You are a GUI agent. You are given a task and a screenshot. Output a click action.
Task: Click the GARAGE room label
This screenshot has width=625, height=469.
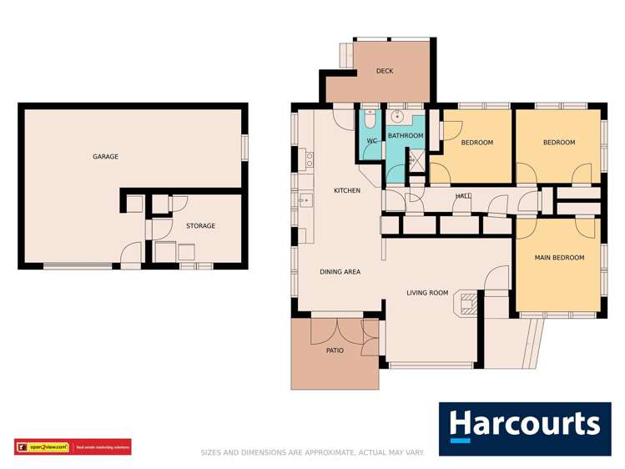click(105, 156)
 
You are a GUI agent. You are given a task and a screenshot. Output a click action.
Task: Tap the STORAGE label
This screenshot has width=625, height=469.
click(200, 225)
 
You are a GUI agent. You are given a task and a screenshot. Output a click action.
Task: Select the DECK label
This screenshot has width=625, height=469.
click(385, 71)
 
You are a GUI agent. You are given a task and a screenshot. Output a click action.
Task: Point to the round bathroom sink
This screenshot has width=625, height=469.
click(398, 118)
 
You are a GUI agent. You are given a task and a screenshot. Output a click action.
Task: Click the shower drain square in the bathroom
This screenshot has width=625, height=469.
click(414, 159)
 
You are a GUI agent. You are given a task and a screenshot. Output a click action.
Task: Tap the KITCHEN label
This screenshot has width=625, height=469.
click(347, 190)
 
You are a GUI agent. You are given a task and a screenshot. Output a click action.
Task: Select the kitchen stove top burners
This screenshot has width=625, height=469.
click(308, 158)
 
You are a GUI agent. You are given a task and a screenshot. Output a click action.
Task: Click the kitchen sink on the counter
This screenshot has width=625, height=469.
click(305, 199)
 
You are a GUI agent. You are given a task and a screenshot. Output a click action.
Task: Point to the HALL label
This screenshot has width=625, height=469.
click(463, 196)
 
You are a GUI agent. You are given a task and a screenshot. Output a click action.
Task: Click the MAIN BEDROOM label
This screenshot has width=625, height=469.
click(559, 258)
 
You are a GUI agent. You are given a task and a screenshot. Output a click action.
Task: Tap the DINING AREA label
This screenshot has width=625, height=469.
click(340, 271)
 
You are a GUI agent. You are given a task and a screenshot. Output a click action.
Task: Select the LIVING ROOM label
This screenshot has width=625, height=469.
click(427, 293)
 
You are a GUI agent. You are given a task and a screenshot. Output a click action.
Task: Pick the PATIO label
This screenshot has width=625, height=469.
click(334, 350)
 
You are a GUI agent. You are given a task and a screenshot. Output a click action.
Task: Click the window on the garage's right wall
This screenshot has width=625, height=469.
click(244, 147)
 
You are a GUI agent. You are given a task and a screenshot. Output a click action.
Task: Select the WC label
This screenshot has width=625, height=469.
click(372, 141)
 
